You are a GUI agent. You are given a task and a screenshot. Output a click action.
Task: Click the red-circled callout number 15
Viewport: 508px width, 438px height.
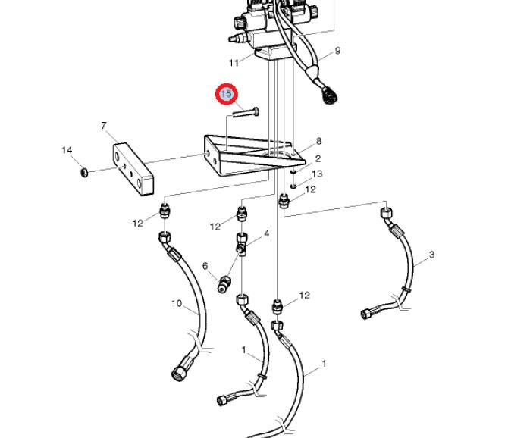click(x=227, y=95)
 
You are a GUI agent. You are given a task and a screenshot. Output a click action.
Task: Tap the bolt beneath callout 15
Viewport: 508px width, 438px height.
click(x=246, y=113)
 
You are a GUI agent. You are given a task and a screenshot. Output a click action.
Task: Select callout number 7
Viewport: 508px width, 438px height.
click(x=104, y=126)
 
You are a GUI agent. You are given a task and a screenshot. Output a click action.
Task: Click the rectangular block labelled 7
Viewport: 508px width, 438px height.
click(x=133, y=169)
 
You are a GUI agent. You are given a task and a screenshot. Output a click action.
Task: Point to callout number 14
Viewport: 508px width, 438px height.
click(x=67, y=150)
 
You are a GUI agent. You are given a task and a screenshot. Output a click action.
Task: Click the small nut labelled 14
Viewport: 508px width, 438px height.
click(x=84, y=173)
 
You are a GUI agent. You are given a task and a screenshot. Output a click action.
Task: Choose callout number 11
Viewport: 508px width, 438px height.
click(x=234, y=63)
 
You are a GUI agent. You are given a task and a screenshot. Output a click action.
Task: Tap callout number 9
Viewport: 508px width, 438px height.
click(x=337, y=51)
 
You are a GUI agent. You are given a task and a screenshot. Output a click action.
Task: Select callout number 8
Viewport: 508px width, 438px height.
click(x=318, y=141)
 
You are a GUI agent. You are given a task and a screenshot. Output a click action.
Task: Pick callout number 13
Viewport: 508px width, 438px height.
click(x=317, y=174)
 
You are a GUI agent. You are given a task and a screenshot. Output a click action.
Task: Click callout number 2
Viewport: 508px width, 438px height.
click(x=318, y=158)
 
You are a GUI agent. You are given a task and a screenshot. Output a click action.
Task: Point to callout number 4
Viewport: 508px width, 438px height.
click(x=267, y=233)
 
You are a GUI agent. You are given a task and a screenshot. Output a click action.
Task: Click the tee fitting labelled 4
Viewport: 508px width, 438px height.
click(x=242, y=243)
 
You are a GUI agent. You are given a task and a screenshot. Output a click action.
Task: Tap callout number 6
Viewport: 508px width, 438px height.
click(x=205, y=266)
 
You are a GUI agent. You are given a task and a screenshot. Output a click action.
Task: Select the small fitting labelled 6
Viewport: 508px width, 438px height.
click(x=224, y=284)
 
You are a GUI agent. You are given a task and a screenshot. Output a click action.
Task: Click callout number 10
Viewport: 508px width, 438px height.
click(x=177, y=303)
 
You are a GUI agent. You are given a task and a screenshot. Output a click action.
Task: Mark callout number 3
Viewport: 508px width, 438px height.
click(x=431, y=255)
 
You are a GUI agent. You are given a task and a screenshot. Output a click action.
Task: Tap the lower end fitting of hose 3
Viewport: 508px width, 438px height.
click(x=368, y=313)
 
